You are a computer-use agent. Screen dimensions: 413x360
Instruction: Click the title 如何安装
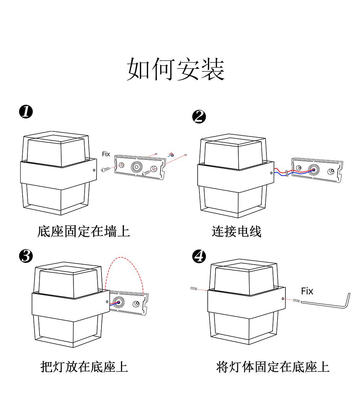pos(176,69)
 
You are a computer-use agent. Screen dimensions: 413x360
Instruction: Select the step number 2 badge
pos(199,117)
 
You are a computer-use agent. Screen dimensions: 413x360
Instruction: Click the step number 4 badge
pos(199,256)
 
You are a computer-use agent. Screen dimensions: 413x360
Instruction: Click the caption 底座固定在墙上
pos(84,231)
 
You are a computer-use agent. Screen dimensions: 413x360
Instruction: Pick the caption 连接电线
pos(236,231)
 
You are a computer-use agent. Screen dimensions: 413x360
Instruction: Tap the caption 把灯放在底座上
pos(84,367)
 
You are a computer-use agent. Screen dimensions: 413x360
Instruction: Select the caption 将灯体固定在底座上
pos(273,367)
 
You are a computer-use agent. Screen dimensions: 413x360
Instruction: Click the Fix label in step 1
pos(106,154)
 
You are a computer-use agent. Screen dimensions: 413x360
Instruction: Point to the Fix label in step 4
pos(307,291)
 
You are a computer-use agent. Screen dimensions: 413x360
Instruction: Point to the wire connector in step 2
pos(286,173)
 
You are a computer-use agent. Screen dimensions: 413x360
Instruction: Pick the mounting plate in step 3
pos(130,302)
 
